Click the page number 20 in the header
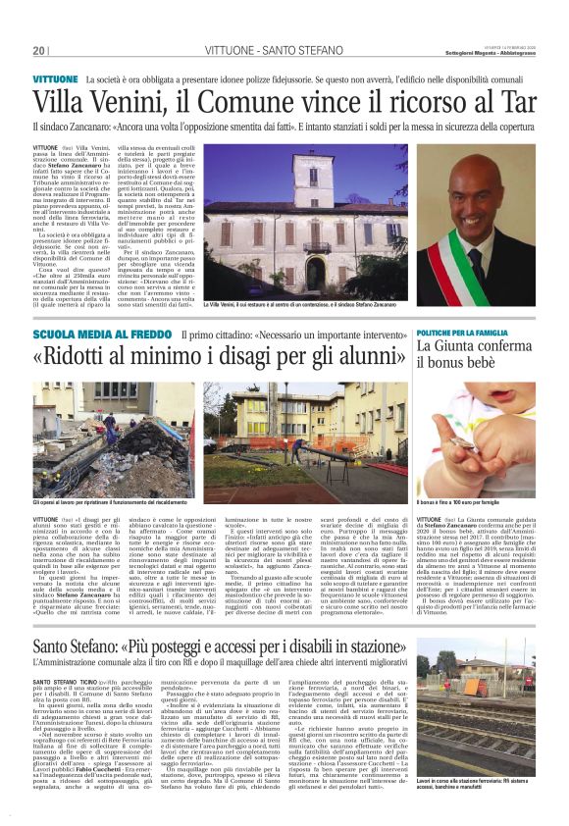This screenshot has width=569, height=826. (x=40, y=50)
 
